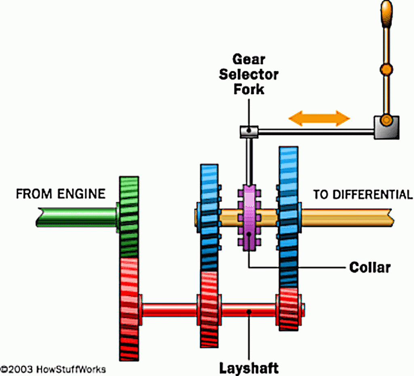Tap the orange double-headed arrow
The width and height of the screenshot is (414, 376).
[x=319, y=118]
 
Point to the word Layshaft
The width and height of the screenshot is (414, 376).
[x=249, y=367]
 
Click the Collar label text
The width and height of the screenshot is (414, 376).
[x=370, y=267]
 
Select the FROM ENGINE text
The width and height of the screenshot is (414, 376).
[x=61, y=194]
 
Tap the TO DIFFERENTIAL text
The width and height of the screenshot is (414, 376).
[x=363, y=194]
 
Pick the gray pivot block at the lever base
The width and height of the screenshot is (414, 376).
[x=386, y=127]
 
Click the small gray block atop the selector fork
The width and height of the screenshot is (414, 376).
[x=249, y=131]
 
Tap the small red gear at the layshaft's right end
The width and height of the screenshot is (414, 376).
[x=289, y=310]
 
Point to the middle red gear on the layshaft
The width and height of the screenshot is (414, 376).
[x=209, y=309]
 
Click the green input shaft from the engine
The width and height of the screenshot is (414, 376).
[x=77, y=217]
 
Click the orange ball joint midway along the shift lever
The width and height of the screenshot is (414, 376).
[x=387, y=68]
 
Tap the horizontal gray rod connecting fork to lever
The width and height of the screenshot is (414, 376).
[x=315, y=131]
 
